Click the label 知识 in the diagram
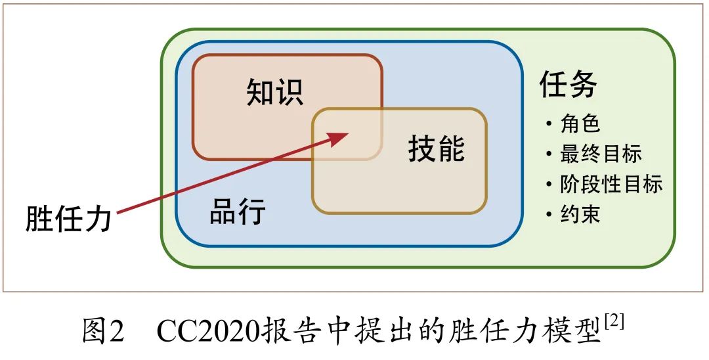tap(275, 92)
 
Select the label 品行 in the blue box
tap(237, 212)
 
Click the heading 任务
tap(569, 84)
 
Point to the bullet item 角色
tap(580, 123)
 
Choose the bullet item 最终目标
tap(601, 154)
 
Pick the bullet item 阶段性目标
tap(611, 184)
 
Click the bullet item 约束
tap(580, 214)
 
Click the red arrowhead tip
tap(347, 133)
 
